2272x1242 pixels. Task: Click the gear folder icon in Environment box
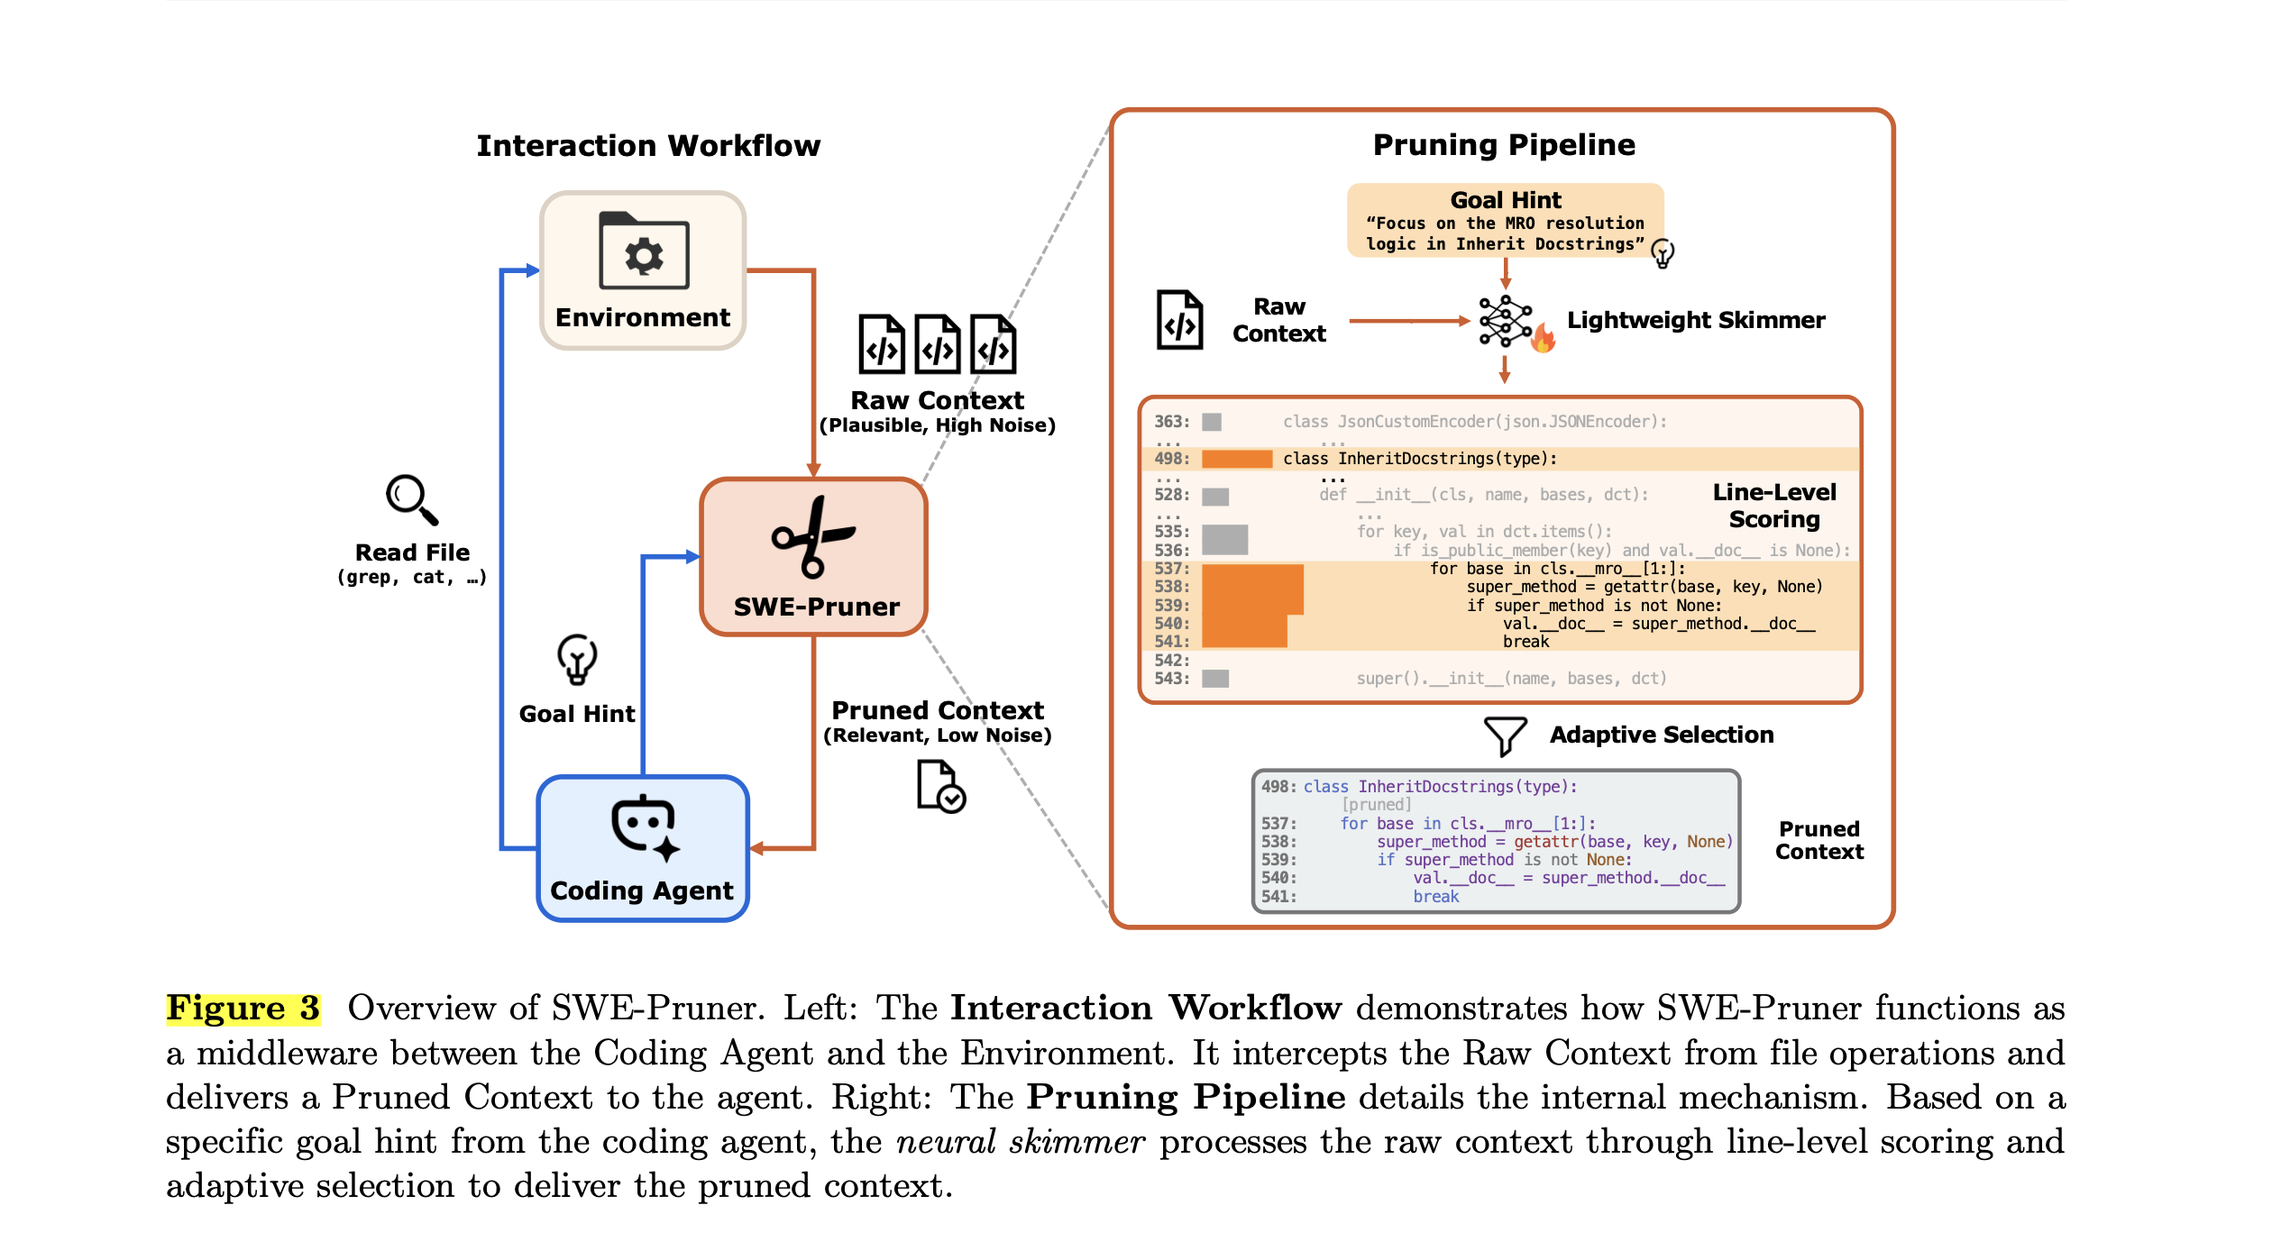(x=644, y=251)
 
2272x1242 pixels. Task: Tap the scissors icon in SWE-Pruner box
(x=813, y=537)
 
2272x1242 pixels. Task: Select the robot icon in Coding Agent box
(x=644, y=826)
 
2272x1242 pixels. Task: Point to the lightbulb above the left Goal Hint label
(x=577, y=659)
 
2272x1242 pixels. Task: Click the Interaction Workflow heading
(x=648, y=146)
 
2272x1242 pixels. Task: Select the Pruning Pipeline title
(x=1503, y=145)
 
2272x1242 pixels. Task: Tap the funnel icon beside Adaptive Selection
(x=1505, y=735)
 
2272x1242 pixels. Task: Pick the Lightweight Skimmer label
(x=1695, y=320)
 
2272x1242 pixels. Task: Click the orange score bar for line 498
(x=1236, y=459)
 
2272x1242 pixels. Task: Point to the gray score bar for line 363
(x=1212, y=422)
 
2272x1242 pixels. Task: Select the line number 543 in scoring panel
(x=1171, y=679)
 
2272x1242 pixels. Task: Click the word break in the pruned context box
(x=1435, y=897)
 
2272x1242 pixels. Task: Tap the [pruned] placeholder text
(x=1376, y=805)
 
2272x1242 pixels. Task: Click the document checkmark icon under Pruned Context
(x=940, y=787)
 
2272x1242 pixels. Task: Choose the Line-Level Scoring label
(x=1773, y=506)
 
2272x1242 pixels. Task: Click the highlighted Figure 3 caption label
(x=243, y=1008)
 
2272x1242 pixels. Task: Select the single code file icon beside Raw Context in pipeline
(x=1179, y=320)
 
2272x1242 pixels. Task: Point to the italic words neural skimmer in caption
(x=1020, y=1142)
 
